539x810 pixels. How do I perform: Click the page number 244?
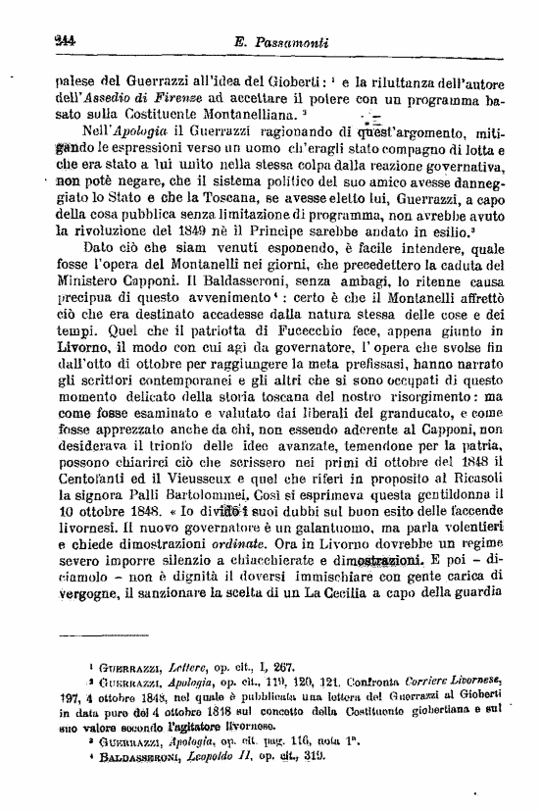[x=40, y=42]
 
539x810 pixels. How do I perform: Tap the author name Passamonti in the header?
[x=284, y=43]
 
